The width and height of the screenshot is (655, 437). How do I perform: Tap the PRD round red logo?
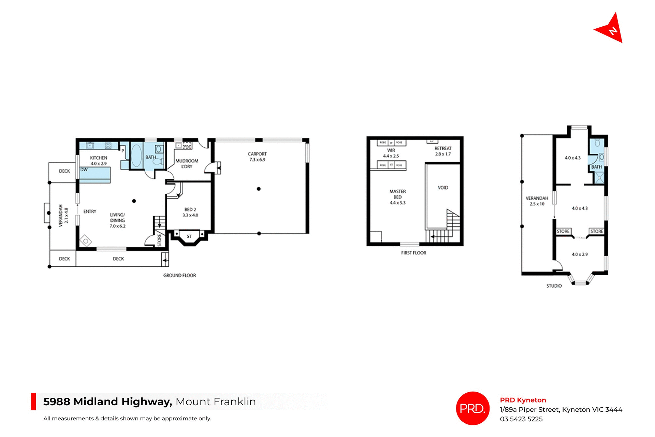tap(472, 408)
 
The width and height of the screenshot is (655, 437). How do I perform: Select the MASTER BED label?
tap(397, 197)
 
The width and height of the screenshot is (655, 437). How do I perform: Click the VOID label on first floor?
tap(443, 188)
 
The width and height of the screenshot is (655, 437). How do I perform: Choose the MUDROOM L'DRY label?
tap(187, 164)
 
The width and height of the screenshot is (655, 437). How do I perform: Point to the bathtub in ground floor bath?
tap(136, 156)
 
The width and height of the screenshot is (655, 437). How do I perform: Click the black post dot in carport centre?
tap(259, 189)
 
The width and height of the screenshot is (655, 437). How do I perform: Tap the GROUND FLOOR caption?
tap(179, 275)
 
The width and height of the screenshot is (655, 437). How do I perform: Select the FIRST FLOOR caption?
tap(413, 253)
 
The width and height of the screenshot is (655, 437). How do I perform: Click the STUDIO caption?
tap(554, 286)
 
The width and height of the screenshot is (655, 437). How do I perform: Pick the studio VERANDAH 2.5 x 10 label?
tap(537, 201)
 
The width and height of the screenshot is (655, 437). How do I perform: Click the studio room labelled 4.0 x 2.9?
tap(580, 254)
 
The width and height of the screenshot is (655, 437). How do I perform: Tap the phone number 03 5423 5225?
tap(521, 419)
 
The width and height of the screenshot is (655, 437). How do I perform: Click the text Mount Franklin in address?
tap(215, 402)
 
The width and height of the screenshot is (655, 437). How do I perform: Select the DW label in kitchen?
tap(84, 170)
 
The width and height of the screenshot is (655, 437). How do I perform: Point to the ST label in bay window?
tap(189, 236)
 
